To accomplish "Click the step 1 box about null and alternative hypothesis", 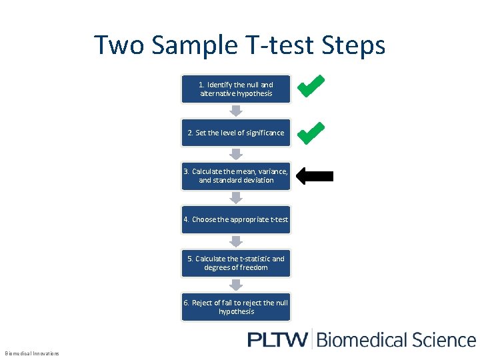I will pyautogui.click(x=236, y=89).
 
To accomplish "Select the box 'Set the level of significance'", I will pyautogui.click(x=236, y=133).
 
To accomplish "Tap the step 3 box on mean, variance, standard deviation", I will pyautogui.click(x=236, y=175).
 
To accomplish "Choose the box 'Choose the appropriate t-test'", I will pyautogui.click(x=236, y=219).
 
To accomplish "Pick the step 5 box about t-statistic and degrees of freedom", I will pyautogui.click(x=236, y=263).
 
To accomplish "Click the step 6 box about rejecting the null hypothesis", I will pyautogui.click(x=236, y=307).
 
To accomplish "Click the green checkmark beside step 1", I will pyautogui.click(x=311, y=87).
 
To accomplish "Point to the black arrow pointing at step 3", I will pyautogui.click(x=314, y=176).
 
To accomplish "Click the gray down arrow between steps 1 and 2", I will pyautogui.click(x=236, y=111).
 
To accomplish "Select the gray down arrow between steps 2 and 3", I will pyautogui.click(x=236, y=154).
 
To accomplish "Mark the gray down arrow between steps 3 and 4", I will pyautogui.click(x=236, y=198).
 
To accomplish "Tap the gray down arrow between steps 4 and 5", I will pyautogui.click(x=236, y=241).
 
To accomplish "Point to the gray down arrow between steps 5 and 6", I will pyautogui.click(x=236, y=285).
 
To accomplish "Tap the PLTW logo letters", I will pyautogui.click(x=277, y=339).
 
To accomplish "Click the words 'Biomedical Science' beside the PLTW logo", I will pyautogui.click(x=396, y=339).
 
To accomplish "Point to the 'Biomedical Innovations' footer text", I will pyautogui.click(x=32, y=353).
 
